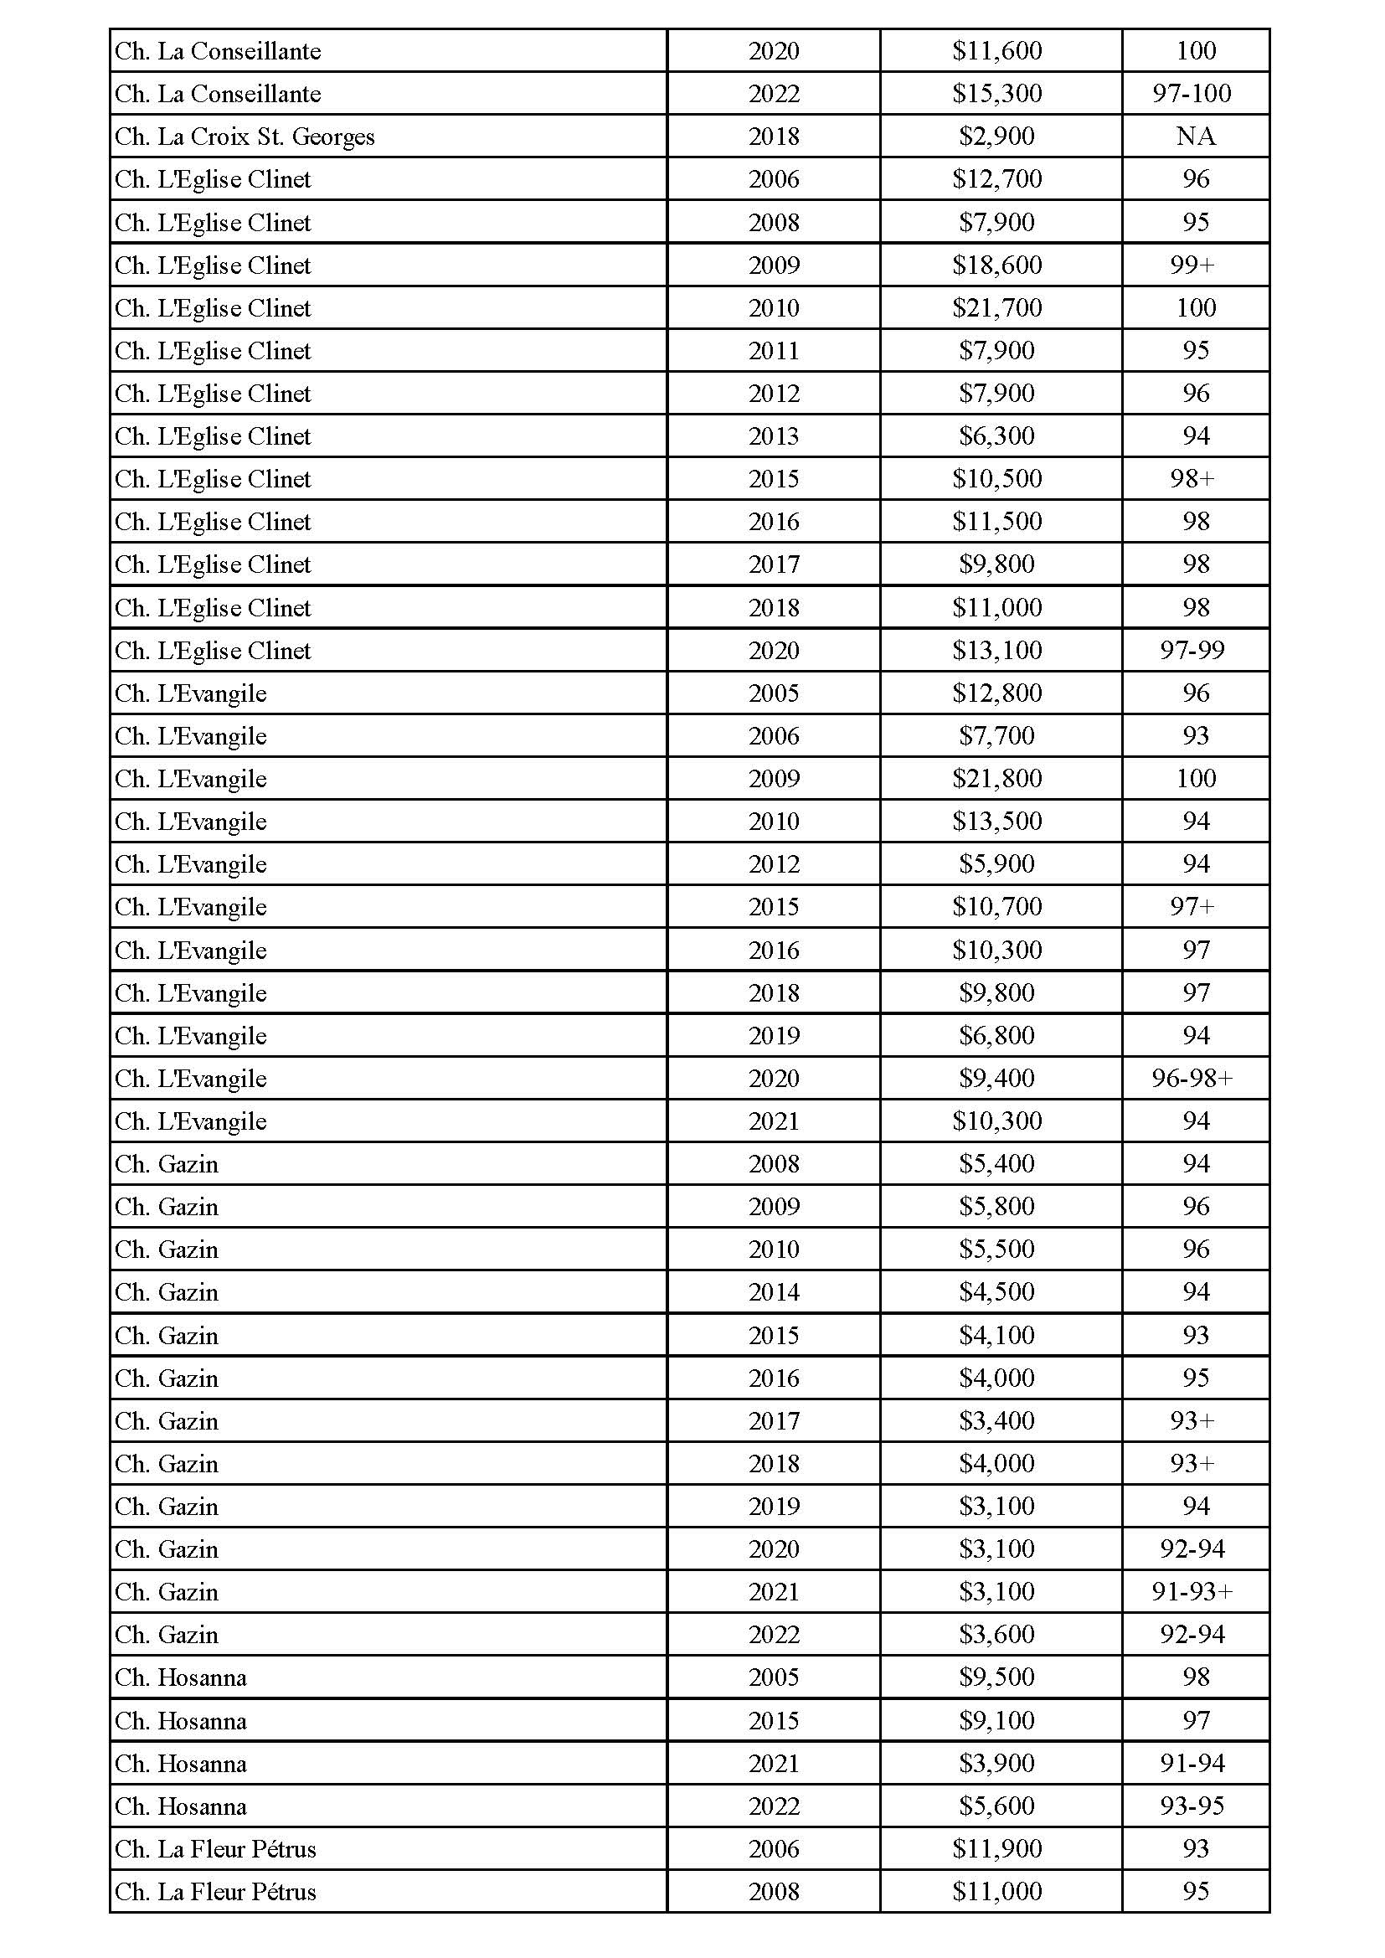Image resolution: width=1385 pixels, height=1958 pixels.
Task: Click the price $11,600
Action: tap(997, 51)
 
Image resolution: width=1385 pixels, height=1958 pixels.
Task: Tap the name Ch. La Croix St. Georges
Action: tap(245, 137)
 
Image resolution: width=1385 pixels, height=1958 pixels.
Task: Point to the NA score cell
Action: tap(1195, 137)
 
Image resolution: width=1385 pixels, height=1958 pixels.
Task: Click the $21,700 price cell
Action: tap(997, 308)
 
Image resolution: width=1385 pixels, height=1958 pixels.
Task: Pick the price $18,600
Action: tap(997, 265)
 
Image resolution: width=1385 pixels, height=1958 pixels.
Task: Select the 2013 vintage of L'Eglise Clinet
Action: tap(774, 436)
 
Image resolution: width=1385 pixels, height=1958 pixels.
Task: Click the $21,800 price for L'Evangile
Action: tap(997, 779)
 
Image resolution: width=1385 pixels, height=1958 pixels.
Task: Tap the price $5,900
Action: tap(996, 865)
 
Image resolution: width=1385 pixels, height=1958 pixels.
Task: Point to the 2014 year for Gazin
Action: tap(774, 1293)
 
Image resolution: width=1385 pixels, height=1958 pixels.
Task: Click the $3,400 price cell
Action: tap(996, 1421)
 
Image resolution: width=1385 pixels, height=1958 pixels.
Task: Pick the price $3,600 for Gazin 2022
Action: tap(996, 1635)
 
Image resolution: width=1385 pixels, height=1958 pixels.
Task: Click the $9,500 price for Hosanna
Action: tap(996, 1677)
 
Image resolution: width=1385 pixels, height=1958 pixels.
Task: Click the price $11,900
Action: tap(997, 1849)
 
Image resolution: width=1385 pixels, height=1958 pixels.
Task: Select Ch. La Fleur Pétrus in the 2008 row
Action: tap(216, 1892)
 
